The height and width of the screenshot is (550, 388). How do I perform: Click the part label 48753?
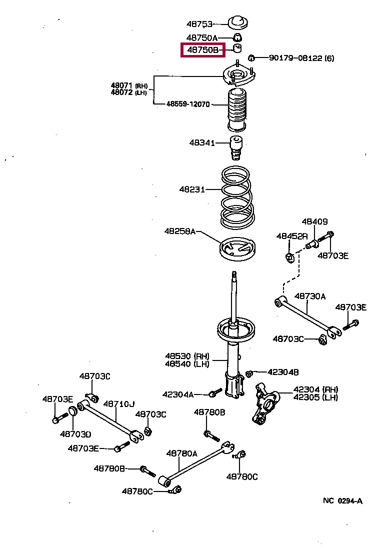tap(199, 23)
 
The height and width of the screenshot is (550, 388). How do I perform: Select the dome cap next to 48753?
tap(239, 23)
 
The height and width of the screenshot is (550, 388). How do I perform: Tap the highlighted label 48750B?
tap(202, 50)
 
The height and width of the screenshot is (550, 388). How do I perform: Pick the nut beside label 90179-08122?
tap(252, 57)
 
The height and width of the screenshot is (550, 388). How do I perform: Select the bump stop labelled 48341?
tap(236, 146)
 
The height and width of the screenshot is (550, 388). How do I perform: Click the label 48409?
tap(314, 221)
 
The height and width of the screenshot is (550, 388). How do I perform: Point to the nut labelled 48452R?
tap(288, 257)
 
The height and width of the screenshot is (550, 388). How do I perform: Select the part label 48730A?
tap(309, 296)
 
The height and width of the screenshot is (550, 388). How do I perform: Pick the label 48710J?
tap(119, 403)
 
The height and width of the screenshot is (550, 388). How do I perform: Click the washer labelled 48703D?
tap(71, 411)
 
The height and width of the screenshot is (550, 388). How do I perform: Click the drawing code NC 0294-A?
tap(342, 500)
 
